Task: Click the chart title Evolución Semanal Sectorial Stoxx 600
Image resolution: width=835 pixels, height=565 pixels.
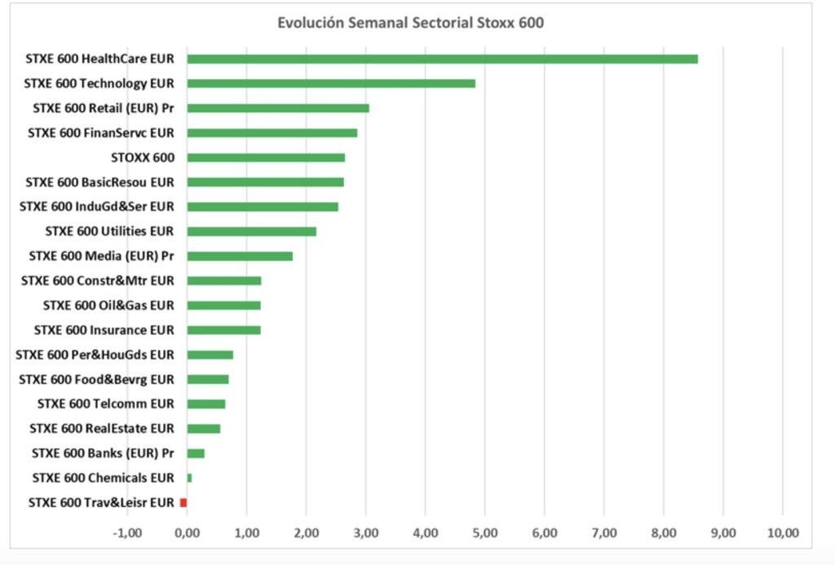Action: (x=410, y=23)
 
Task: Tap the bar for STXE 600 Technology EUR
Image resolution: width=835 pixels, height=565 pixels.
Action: (x=331, y=83)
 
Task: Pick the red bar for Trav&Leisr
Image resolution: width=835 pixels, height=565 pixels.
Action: (x=183, y=502)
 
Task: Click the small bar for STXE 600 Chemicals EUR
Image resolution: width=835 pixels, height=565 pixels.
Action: (x=190, y=478)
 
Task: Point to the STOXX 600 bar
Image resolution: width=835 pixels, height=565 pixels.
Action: (x=266, y=157)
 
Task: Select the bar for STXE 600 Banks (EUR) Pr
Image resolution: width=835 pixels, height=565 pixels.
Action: (x=196, y=453)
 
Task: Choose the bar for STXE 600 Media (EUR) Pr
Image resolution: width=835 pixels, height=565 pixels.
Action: (x=240, y=256)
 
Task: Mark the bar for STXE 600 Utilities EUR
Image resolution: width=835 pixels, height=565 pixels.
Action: (x=252, y=232)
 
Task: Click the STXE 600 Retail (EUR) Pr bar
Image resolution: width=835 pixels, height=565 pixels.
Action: (x=278, y=108)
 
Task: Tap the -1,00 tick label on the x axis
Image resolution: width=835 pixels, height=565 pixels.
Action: (x=126, y=533)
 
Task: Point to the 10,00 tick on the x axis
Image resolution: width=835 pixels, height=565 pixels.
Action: (x=782, y=533)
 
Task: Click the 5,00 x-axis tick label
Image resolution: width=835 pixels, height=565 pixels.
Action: (x=484, y=533)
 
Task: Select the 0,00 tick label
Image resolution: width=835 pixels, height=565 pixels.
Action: (x=187, y=533)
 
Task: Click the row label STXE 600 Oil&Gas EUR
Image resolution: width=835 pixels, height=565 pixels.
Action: (x=108, y=306)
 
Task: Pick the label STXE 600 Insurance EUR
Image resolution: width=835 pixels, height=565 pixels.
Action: (x=104, y=330)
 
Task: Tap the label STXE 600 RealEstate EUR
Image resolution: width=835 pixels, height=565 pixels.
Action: (x=102, y=429)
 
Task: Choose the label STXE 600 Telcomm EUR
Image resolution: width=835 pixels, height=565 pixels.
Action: (x=106, y=404)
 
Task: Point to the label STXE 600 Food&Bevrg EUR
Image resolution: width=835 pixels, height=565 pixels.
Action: (x=96, y=380)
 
